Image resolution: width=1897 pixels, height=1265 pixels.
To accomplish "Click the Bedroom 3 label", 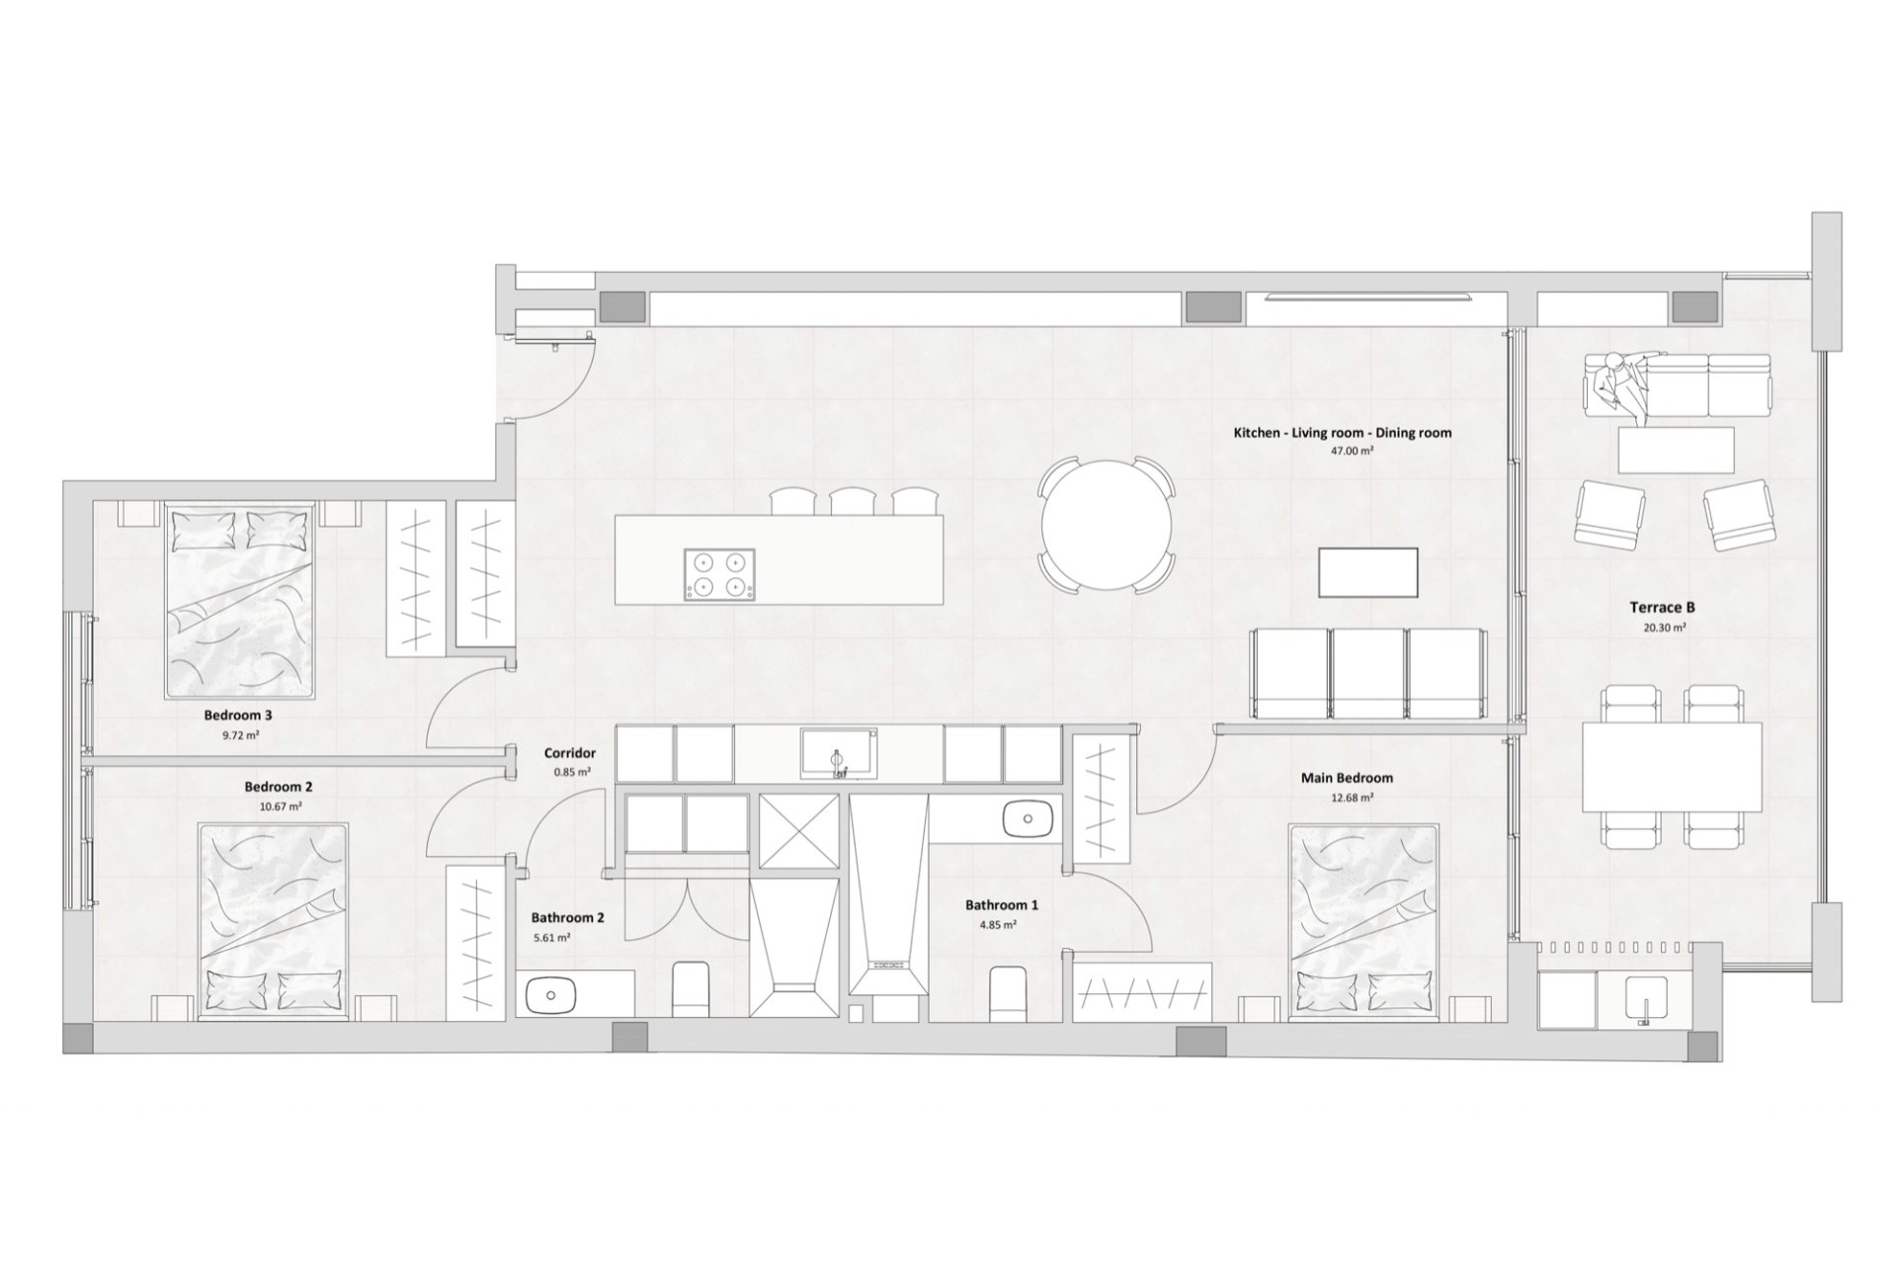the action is pyautogui.click(x=238, y=715).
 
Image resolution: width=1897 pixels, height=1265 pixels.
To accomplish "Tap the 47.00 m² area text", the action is pyautogui.click(x=1353, y=450).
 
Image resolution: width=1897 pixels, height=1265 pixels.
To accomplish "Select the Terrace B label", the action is pyautogui.click(x=1655, y=608).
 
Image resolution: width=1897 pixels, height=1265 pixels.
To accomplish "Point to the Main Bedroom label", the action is pyautogui.click(x=1347, y=778).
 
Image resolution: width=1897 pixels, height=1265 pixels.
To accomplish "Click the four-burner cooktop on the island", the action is pyautogui.click(x=718, y=574).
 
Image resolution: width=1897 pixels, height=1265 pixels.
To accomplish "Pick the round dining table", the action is pyautogui.click(x=1106, y=525).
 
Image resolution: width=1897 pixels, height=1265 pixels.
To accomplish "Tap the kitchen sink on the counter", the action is pyautogui.click(x=838, y=753).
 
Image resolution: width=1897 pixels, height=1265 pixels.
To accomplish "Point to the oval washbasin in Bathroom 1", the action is pyautogui.click(x=1029, y=819).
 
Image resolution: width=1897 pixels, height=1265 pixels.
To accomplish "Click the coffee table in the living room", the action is pyautogui.click(x=1368, y=573).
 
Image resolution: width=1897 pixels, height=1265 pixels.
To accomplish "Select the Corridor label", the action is pyautogui.click(x=570, y=753).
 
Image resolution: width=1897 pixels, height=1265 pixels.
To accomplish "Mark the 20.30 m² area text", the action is pyautogui.click(x=1656, y=628).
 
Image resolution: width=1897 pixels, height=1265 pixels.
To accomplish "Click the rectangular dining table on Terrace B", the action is pyautogui.click(x=1672, y=767).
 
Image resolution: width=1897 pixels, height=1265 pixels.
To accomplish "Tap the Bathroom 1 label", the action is pyautogui.click(x=1002, y=904).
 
